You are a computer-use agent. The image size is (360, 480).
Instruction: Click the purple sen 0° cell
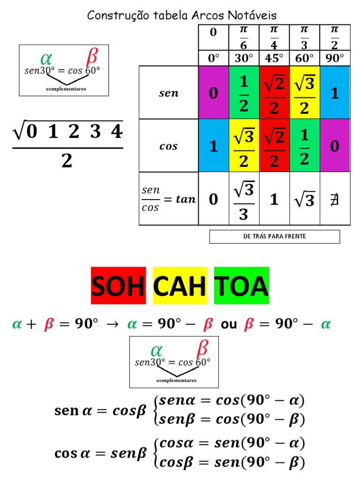click(x=214, y=93)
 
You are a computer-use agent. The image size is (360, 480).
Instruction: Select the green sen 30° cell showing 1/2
click(x=244, y=93)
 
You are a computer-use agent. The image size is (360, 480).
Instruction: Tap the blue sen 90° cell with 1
click(x=335, y=93)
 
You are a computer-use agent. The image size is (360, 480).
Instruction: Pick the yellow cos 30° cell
click(x=244, y=146)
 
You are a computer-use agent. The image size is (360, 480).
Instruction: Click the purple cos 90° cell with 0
click(x=335, y=146)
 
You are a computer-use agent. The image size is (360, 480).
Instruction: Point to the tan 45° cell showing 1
click(x=274, y=199)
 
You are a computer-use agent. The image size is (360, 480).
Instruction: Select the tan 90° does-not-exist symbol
click(x=335, y=200)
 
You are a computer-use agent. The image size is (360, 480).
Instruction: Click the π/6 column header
click(x=244, y=37)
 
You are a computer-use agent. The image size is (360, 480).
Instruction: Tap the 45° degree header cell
click(x=274, y=59)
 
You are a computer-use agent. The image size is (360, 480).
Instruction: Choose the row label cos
click(x=169, y=146)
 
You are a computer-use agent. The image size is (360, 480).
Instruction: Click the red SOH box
click(x=118, y=285)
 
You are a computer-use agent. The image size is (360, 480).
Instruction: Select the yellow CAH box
click(x=180, y=285)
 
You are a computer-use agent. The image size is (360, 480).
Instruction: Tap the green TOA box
click(x=241, y=285)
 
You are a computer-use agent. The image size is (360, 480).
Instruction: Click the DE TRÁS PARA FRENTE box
click(x=274, y=237)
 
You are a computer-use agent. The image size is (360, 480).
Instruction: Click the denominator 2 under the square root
click(x=67, y=162)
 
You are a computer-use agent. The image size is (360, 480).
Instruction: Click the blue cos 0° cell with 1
click(x=214, y=146)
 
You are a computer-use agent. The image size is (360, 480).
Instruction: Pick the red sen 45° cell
click(x=274, y=93)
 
